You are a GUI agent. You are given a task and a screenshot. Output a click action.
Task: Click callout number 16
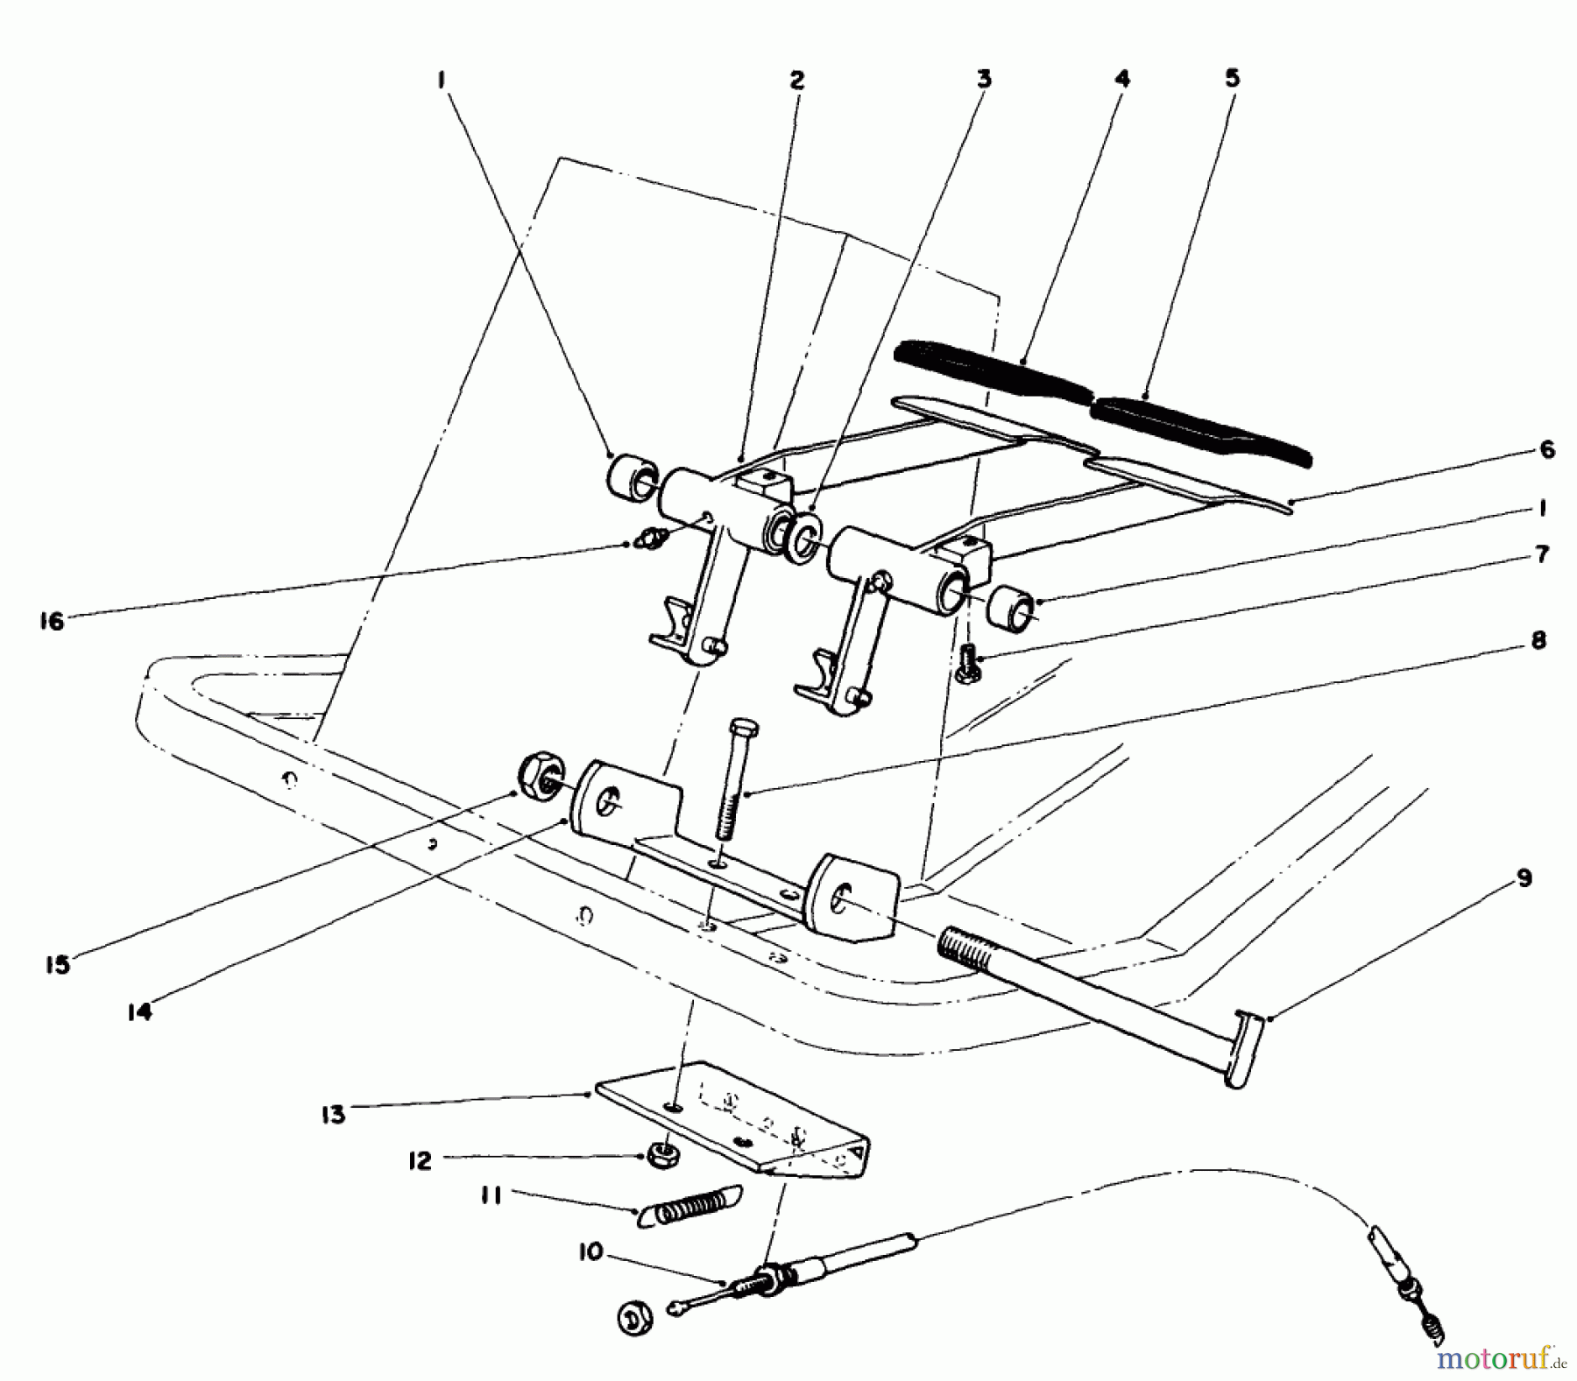(x=52, y=621)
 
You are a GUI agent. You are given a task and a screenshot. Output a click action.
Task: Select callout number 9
(x=1524, y=878)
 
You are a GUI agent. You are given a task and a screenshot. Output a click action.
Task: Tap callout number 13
(x=334, y=1114)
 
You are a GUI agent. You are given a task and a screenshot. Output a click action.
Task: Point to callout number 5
(x=1232, y=79)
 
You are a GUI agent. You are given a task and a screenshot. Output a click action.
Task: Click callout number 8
(x=1538, y=641)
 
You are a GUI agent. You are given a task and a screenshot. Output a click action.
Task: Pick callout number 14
(x=139, y=1011)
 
